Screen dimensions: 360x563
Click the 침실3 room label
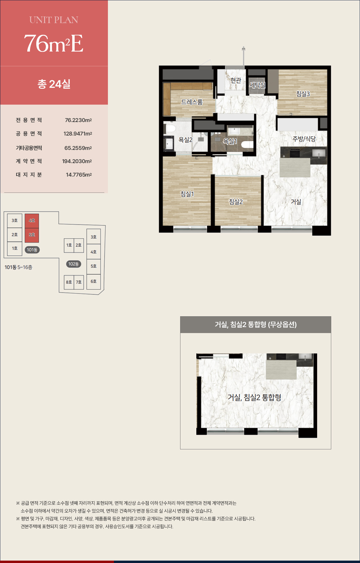(x=303, y=94)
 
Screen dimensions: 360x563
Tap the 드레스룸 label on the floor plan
(x=192, y=102)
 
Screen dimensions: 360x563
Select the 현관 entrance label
(x=236, y=80)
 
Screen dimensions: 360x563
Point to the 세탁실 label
(x=257, y=85)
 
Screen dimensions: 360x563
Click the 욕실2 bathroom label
(x=186, y=139)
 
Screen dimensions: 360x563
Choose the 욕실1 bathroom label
(x=230, y=141)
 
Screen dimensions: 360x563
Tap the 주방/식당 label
(x=304, y=139)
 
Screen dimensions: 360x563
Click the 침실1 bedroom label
(x=187, y=194)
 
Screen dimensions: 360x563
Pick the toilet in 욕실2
(x=170, y=129)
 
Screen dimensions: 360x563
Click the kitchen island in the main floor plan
(x=295, y=168)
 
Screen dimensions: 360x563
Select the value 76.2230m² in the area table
(x=78, y=120)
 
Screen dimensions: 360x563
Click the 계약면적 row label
(x=29, y=161)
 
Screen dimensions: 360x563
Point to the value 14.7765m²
(x=79, y=175)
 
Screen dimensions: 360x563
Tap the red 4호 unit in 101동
(x=32, y=221)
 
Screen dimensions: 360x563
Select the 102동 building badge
(x=73, y=264)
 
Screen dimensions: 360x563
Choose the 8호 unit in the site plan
(x=69, y=282)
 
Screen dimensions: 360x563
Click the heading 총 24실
(x=54, y=84)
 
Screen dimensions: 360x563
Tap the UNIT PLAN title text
(x=54, y=20)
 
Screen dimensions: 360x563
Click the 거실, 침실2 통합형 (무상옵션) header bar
(x=256, y=325)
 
